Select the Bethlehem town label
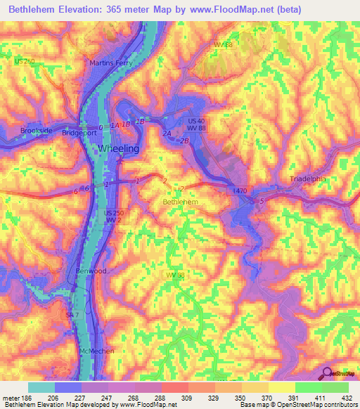click(x=181, y=202)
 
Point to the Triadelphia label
click(x=309, y=179)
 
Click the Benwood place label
click(x=91, y=271)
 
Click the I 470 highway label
click(x=240, y=190)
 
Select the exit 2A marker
click(x=167, y=133)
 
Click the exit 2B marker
click(x=184, y=141)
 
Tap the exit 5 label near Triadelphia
click(x=262, y=202)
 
